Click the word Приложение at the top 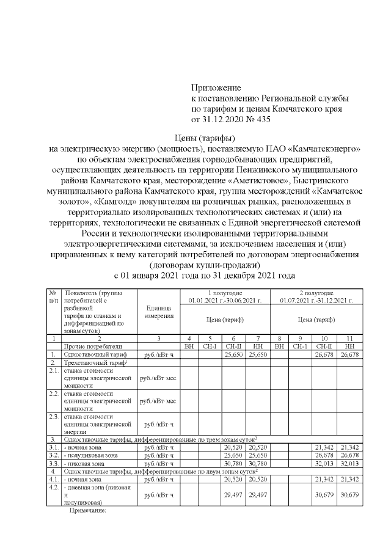[x=216, y=88]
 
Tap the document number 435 [x=261, y=119]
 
